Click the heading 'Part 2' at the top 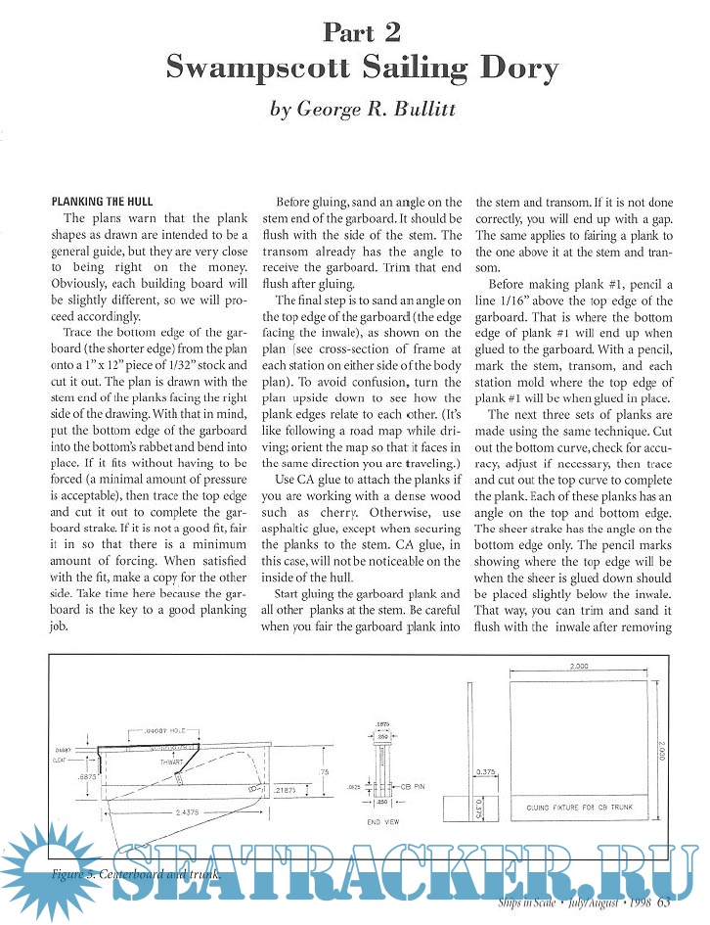pos(361,31)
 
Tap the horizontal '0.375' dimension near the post pos(486,771)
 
